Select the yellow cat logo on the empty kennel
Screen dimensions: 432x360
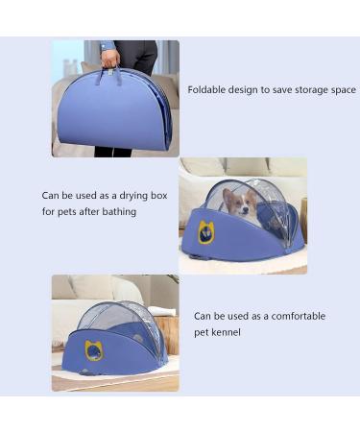click(x=93, y=350)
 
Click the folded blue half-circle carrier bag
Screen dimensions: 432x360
click(x=113, y=113)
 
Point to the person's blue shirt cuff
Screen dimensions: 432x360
click(x=108, y=46)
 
